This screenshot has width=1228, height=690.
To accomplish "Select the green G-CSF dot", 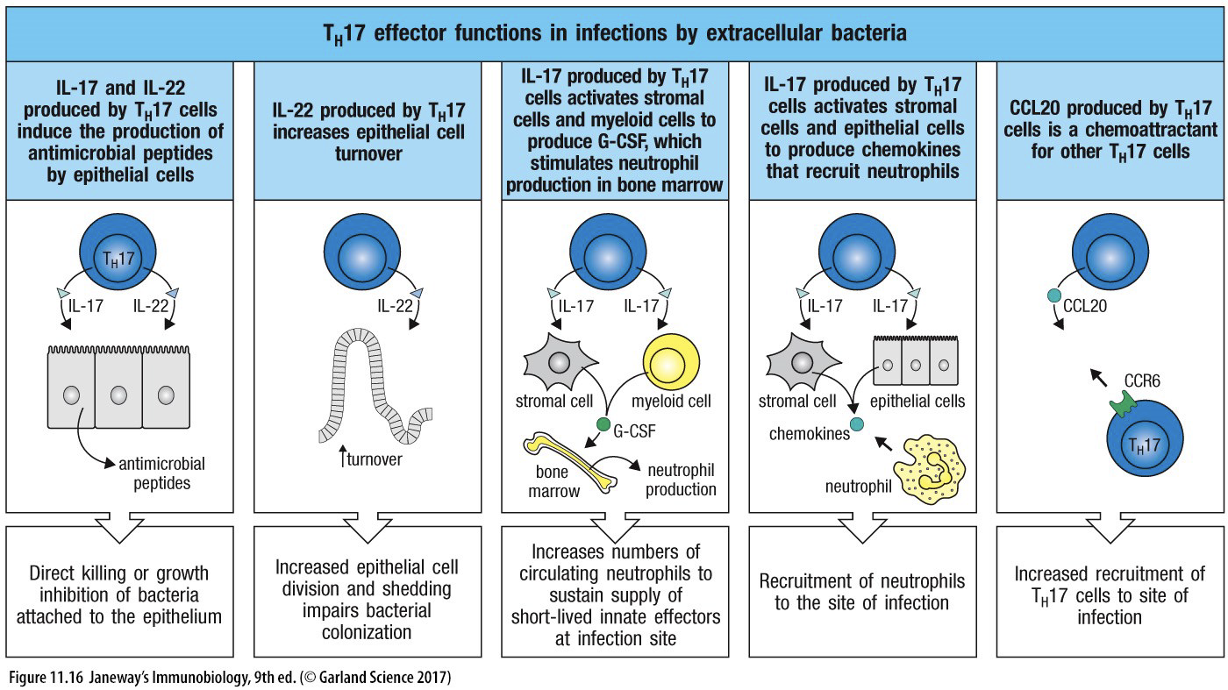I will [x=603, y=426].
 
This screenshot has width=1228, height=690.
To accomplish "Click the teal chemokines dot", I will [x=858, y=425].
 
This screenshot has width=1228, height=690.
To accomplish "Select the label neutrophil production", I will [x=681, y=480].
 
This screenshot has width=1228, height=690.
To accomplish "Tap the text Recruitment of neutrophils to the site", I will [x=862, y=592].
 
